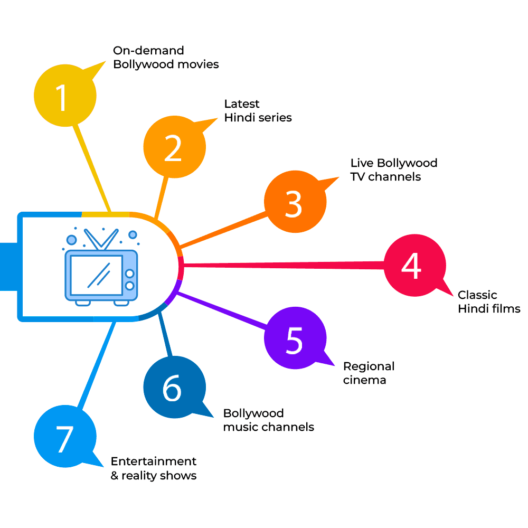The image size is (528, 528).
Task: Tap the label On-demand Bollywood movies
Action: (165, 58)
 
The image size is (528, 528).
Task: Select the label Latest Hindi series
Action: (258, 111)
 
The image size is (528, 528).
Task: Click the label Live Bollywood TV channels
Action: (393, 169)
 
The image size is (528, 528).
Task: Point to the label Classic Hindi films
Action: (488, 302)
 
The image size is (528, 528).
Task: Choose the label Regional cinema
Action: (369, 373)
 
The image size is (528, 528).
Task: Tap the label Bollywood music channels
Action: (268, 420)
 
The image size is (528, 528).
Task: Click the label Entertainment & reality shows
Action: (153, 468)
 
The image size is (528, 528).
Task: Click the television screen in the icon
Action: (95, 275)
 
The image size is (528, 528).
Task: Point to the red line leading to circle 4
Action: (285, 265)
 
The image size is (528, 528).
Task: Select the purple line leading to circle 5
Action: (222, 312)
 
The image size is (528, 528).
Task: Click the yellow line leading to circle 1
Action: (92, 166)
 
